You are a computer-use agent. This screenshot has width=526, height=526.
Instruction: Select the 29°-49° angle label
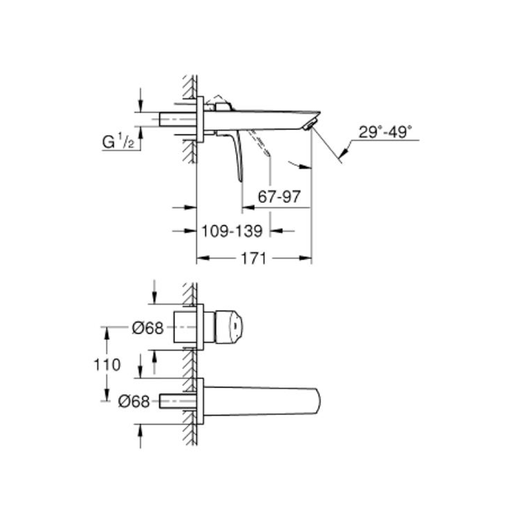tap(385, 132)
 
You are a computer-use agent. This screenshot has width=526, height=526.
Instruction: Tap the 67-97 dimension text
tap(279, 197)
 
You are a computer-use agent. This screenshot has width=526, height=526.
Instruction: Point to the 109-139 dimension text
tap(232, 231)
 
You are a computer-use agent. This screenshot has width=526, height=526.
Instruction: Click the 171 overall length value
tap(254, 259)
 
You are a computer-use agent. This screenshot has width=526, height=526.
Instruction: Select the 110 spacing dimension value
tap(107, 364)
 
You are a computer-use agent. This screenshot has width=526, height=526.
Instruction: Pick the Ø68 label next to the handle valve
tap(147, 328)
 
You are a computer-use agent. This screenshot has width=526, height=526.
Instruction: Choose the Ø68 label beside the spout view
tap(133, 402)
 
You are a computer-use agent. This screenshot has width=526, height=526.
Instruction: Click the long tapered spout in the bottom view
tap(260, 401)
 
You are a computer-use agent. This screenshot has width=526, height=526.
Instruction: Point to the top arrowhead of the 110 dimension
tap(107, 332)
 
